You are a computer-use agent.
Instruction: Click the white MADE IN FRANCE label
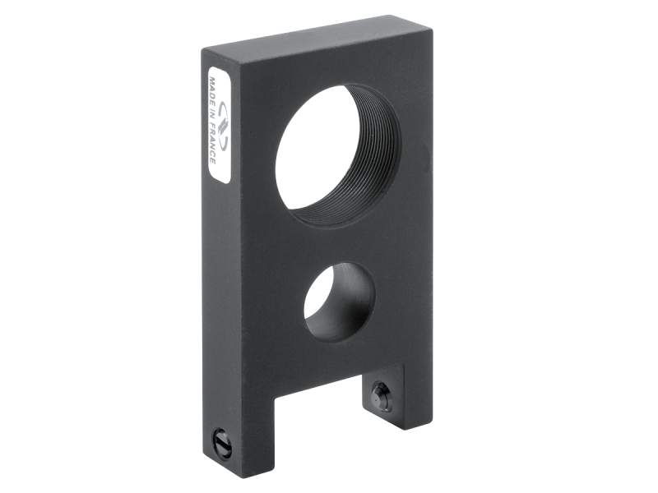[x=218, y=124]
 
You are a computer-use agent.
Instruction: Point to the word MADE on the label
[x=212, y=90]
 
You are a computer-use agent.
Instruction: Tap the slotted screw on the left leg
[x=221, y=445]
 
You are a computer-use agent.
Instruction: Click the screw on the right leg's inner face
[x=381, y=396]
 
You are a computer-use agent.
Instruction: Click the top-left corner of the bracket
[x=206, y=51]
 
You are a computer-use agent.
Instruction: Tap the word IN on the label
[x=212, y=115]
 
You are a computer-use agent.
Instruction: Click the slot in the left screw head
[x=221, y=445]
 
